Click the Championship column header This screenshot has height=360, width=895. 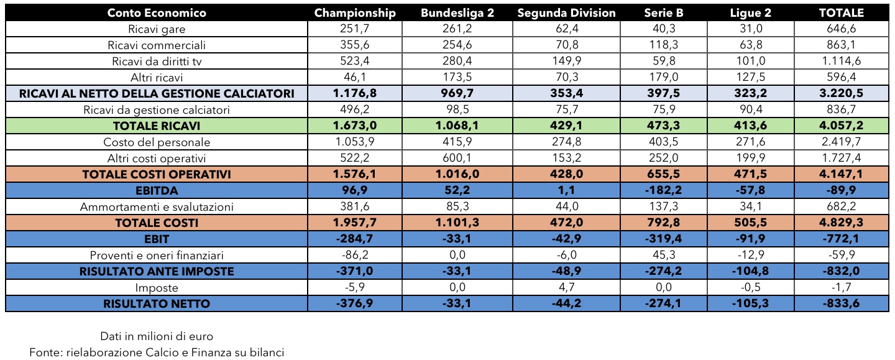(x=355, y=13)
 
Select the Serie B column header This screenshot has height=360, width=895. (x=664, y=13)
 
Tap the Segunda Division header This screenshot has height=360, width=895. (x=566, y=13)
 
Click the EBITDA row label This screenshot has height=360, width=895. (x=157, y=191)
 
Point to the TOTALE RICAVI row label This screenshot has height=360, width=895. (x=157, y=126)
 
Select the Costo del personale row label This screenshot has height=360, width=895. (x=157, y=142)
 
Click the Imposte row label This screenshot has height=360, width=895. (x=157, y=288)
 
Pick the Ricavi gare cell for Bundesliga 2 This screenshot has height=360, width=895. (x=457, y=29)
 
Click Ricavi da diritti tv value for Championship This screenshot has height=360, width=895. (x=355, y=61)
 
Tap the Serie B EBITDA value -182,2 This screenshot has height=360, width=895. (x=664, y=190)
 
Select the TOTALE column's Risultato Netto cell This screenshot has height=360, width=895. (x=841, y=303)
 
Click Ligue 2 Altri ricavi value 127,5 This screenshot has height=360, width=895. (x=750, y=77)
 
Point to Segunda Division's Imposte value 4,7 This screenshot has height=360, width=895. (x=566, y=287)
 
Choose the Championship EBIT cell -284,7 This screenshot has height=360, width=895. (x=355, y=239)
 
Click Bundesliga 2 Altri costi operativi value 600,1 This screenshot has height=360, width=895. (x=457, y=158)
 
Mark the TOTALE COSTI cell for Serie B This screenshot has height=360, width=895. (x=664, y=223)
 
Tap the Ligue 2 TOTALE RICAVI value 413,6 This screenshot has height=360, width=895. (x=750, y=126)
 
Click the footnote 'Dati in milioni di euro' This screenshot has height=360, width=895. (x=157, y=336)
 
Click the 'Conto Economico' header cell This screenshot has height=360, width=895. (x=157, y=13)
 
